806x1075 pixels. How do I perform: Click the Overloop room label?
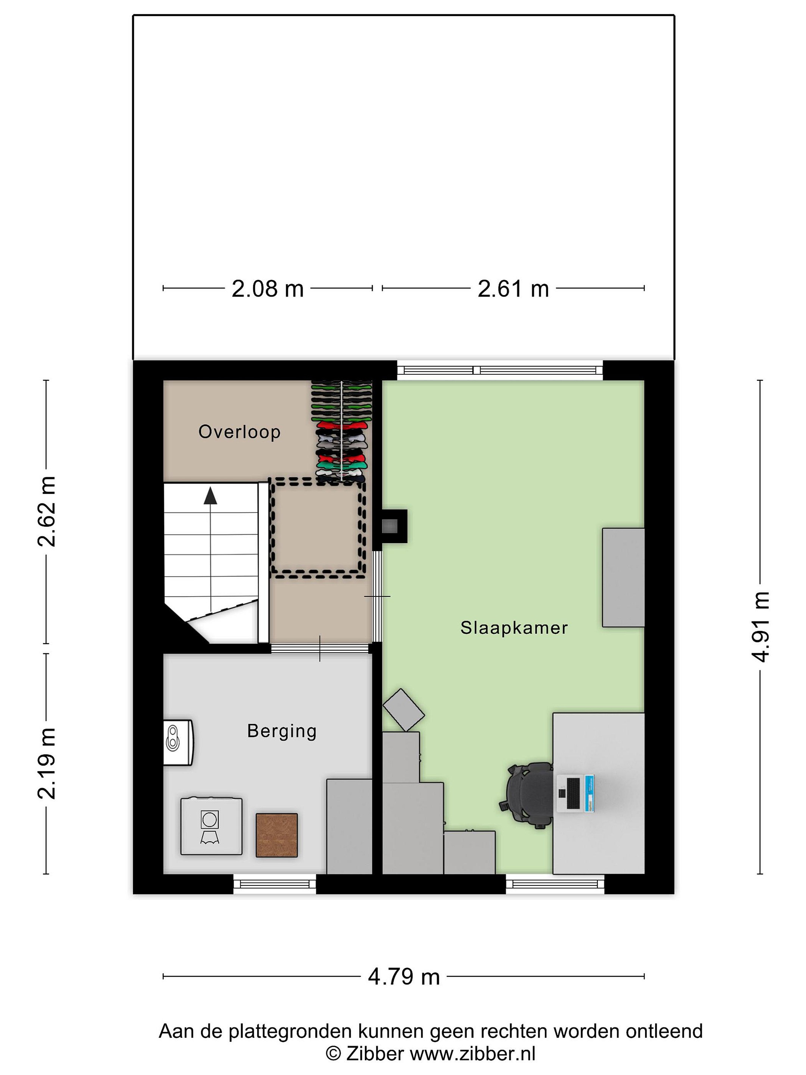pyautogui.click(x=239, y=431)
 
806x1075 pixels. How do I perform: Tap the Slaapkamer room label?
pyautogui.click(x=514, y=628)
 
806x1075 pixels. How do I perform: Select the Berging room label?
pyautogui.click(x=282, y=731)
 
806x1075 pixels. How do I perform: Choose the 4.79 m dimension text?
pyautogui.click(x=404, y=976)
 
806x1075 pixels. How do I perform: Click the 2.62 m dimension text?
pyautogui.click(x=47, y=511)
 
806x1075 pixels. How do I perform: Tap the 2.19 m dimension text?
pyautogui.click(x=47, y=763)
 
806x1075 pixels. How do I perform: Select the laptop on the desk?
pyautogui.click(x=575, y=794)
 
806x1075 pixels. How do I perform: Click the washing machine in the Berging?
pyautogui.click(x=211, y=825)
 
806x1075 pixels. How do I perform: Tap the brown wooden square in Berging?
pyautogui.click(x=277, y=835)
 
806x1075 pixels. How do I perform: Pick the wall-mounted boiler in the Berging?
pyautogui.click(x=178, y=742)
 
